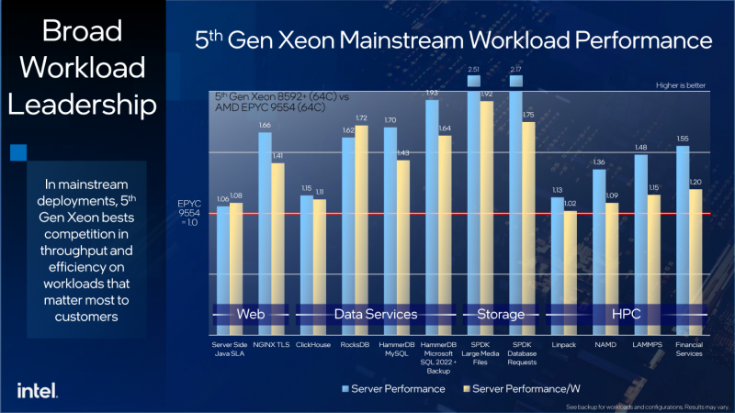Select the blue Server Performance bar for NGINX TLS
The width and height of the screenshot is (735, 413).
pyautogui.click(x=265, y=229)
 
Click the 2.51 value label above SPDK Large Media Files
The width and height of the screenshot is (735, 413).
pyautogui.click(x=474, y=70)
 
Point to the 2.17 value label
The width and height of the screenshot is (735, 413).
pyautogui.click(x=515, y=70)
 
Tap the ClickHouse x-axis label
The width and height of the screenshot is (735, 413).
pyautogui.click(x=313, y=345)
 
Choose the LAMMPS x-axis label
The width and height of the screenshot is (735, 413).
pyautogui.click(x=646, y=345)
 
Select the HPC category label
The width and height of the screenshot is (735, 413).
pyautogui.click(x=626, y=314)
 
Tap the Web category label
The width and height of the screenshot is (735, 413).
pyautogui.click(x=250, y=314)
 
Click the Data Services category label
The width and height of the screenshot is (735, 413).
pyautogui.click(x=375, y=314)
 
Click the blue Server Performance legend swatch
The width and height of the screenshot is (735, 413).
pyautogui.click(x=345, y=388)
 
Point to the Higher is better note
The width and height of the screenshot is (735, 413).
pyautogui.click(x=681, y=86)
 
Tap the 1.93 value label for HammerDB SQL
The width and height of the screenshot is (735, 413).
pyautogui.click(x=432, y=92)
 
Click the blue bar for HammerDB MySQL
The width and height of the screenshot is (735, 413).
pyautogui.click(x=390, y=229)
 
